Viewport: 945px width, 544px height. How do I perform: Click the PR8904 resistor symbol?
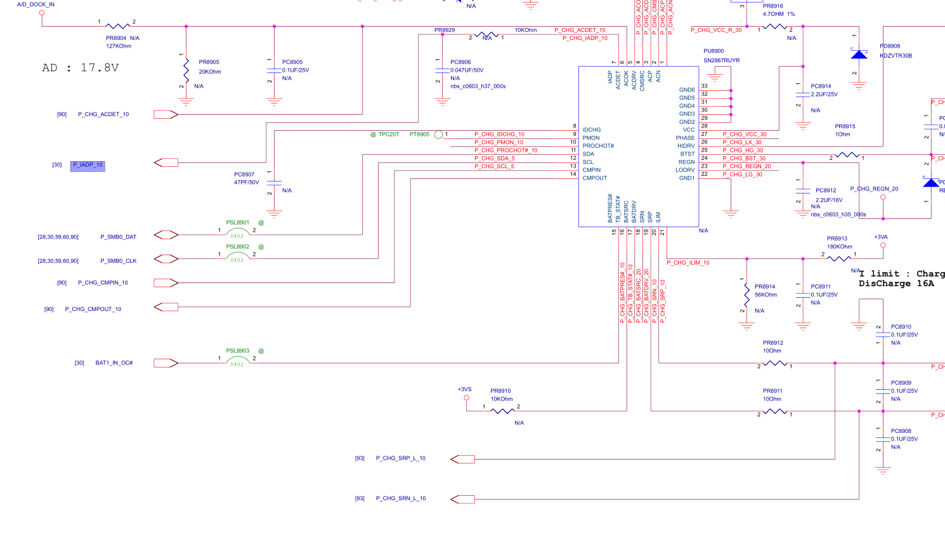pos(118,26)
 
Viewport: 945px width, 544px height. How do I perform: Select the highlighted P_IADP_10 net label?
pos(88,165)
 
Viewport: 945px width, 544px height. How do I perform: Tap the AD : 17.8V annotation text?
pos(81,68)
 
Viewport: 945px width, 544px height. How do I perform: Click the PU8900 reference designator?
pos(714,51)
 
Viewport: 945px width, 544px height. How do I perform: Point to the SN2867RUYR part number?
pos(721,60)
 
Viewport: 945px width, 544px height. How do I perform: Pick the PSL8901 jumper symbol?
pos(237,231)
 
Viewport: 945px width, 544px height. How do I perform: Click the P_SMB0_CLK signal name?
pos(119,261)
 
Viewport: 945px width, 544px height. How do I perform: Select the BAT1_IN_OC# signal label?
pos(114,363)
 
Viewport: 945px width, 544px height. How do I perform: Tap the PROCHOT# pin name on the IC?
pos(598,146)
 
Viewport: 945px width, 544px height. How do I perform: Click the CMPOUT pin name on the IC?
pos(595,178)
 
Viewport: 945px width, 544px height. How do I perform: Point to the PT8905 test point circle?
pos(438,135)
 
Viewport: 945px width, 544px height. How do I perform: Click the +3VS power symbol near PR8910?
pos(466,397)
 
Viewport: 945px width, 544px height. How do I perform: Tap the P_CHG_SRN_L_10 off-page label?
pos(401,498)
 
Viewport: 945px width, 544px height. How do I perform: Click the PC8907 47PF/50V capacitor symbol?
pos(274,183)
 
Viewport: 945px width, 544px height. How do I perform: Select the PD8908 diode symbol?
pos(859,55)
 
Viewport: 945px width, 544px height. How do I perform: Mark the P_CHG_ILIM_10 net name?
pos(688,263)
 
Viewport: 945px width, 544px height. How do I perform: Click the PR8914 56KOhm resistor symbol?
pos(747,294)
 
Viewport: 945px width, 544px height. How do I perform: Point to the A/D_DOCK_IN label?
pos(36,4)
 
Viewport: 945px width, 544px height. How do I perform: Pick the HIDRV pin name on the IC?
pos(686,146)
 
